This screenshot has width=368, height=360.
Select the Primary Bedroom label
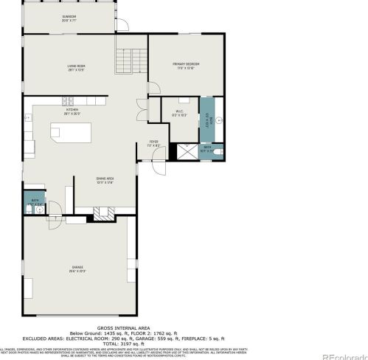click(186, 66)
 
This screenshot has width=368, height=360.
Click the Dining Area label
click(104, 179)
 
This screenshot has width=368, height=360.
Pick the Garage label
click(77, 269)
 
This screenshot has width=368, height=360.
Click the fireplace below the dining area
click(104, 213)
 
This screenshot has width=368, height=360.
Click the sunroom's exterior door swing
click(122, 27)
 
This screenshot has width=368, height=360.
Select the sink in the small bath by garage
click(27, 210)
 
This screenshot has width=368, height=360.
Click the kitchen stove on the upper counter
click(69, 101)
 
